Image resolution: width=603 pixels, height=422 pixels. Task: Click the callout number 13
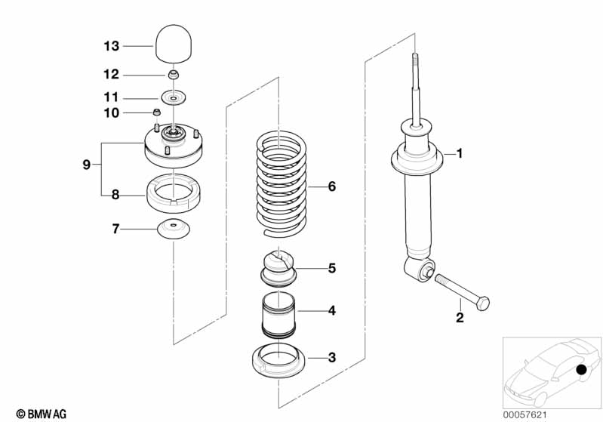111,46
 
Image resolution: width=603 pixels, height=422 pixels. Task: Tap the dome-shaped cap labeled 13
174,42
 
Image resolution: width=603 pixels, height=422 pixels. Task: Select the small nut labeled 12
174,74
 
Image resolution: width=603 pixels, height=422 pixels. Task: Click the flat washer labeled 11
174,98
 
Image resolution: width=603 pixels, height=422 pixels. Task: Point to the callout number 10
111,113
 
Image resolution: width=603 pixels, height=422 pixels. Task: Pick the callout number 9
87,164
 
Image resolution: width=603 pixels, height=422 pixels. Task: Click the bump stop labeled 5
279,267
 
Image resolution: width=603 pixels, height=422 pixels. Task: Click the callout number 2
460,317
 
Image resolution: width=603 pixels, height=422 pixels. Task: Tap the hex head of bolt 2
482,303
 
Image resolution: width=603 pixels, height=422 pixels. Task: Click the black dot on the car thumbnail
581,371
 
